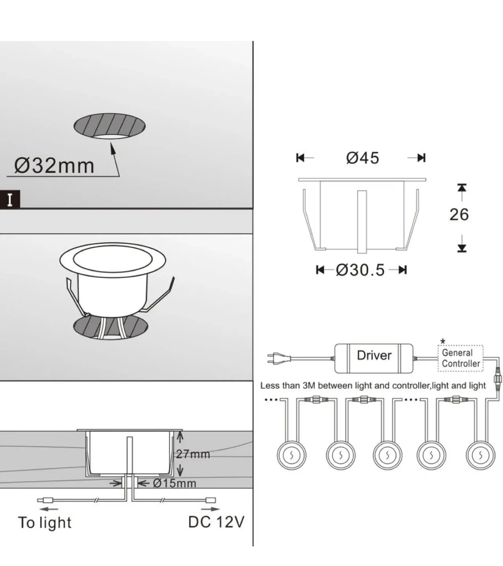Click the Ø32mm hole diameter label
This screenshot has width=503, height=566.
[54, 166]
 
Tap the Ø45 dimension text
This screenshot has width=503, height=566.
[363, 158]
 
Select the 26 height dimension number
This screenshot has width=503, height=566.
[459, 215]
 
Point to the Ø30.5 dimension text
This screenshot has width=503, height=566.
[360, 270]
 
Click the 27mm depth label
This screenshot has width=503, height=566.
[193, 454]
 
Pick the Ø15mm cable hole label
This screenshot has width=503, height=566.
[174, 483]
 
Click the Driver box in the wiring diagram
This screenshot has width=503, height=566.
[374, 358]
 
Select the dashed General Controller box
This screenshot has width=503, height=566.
[461, 358]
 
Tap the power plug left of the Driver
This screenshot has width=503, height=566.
[279, 358]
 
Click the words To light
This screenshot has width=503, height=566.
[45, 523]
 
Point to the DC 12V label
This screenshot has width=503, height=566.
[217, 522]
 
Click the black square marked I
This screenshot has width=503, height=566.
[10, 200]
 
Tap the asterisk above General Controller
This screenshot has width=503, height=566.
[442, 342]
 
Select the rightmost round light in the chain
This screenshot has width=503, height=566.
[481, 456]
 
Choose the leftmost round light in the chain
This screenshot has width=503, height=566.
[292, 456]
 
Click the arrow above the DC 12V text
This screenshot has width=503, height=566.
[210, 509]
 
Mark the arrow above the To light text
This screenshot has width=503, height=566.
[49, 509]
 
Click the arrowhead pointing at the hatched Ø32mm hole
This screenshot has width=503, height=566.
[112, 148]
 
